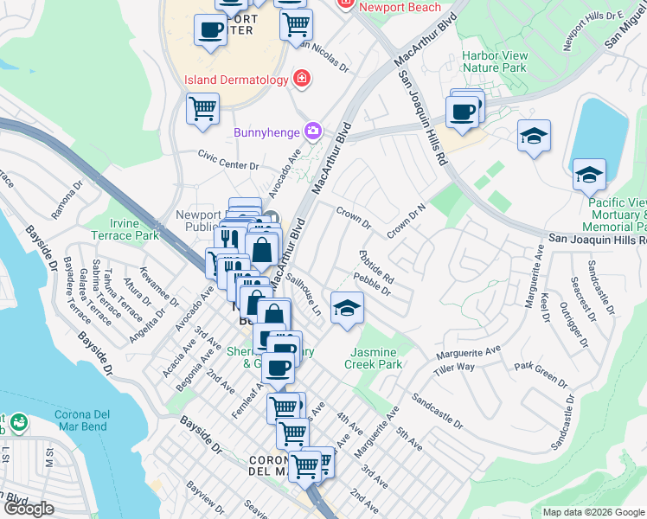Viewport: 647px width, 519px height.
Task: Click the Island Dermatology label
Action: pos(235,80)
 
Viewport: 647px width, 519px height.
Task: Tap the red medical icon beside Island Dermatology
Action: pos(301,80)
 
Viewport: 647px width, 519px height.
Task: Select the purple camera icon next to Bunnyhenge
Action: pos(313,132)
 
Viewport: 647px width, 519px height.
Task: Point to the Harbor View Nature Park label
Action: pos(494,61)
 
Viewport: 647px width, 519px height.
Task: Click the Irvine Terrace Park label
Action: pos(136,229)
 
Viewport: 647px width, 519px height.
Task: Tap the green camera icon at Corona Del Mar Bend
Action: pos(18,423)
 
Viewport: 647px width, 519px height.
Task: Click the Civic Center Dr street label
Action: pos(228,160)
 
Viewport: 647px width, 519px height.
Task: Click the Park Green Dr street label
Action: pos(540,372)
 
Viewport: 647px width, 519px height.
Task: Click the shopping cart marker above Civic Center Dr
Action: pos(202,110)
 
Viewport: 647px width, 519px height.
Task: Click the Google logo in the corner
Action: pos(29,509)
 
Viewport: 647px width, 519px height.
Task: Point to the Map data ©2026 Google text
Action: pos(593,512)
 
